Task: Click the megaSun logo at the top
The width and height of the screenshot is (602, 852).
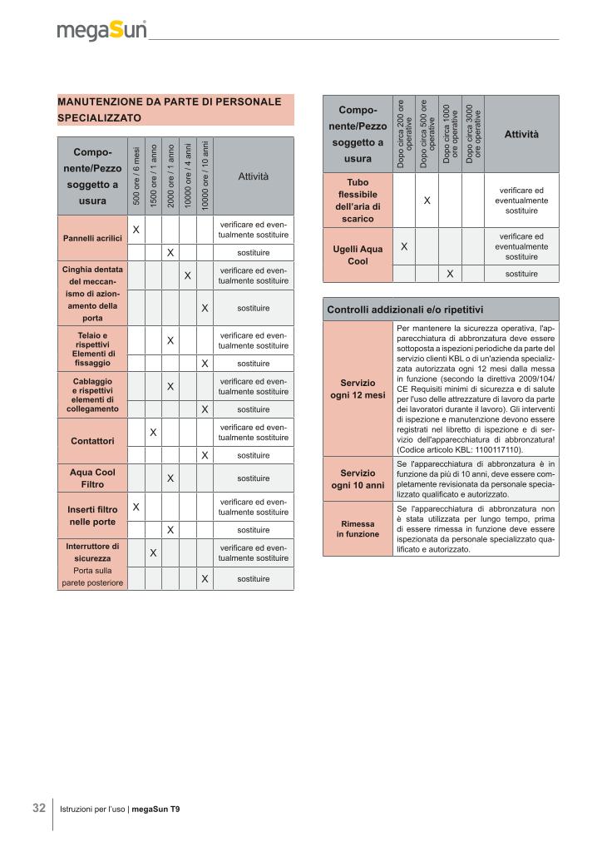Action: click(101, 31)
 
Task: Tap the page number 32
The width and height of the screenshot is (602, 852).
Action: click(39, 808)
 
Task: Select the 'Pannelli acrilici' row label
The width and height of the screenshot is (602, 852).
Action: click(92, 238)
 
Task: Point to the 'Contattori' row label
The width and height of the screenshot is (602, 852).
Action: click(92, 440)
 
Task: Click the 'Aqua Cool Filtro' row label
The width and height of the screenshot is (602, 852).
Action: click(92, 478)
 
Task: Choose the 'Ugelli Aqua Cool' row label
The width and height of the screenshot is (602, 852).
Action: click(358, 254)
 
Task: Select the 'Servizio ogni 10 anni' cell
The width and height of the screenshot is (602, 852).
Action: click(358, 478)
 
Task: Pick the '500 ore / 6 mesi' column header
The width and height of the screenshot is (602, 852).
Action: click(136, 176)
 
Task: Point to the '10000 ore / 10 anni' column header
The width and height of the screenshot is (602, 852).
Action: click(205, 176)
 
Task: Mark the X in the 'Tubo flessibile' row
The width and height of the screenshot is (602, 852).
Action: click(427, 201)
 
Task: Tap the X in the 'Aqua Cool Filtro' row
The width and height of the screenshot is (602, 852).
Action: click(170, 478)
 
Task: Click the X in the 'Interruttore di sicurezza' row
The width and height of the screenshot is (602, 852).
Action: click(154, 552)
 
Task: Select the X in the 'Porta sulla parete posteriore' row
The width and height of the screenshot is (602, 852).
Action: click(205, 577)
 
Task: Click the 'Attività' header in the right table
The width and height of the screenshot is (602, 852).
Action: click(521, 135)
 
